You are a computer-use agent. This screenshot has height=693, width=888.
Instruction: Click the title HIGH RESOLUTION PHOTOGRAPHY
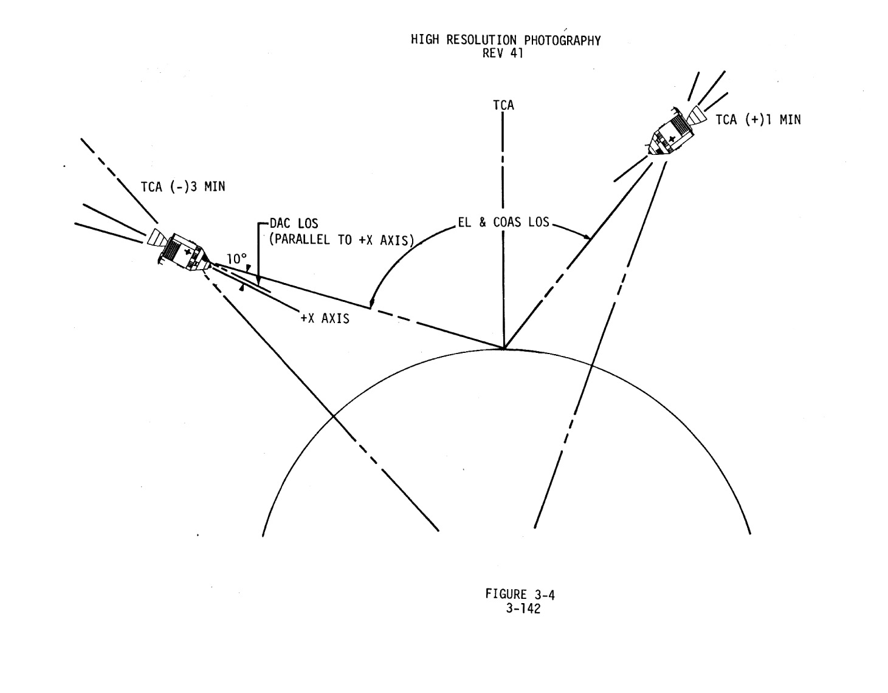(506, 41)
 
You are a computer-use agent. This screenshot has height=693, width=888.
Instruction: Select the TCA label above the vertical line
(503, 106)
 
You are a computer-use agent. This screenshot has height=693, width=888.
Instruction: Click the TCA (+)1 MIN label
(758, 120)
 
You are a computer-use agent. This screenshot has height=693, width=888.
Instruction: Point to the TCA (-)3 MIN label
(183, 187)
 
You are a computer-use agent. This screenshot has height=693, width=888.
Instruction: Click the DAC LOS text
(294, 224)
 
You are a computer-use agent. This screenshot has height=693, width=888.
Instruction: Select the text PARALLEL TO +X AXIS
(342, 239)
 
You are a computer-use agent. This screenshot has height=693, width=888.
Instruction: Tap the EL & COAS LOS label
(503, 222)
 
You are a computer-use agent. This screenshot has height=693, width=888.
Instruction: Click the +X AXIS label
(325, 318)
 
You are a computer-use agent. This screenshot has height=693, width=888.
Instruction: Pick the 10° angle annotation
(236, 259)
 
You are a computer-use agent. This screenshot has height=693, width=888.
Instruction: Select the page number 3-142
(523, 608)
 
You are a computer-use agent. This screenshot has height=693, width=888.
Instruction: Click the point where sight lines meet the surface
(504, 349)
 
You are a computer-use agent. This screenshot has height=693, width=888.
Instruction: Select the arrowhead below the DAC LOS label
(258, 281)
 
